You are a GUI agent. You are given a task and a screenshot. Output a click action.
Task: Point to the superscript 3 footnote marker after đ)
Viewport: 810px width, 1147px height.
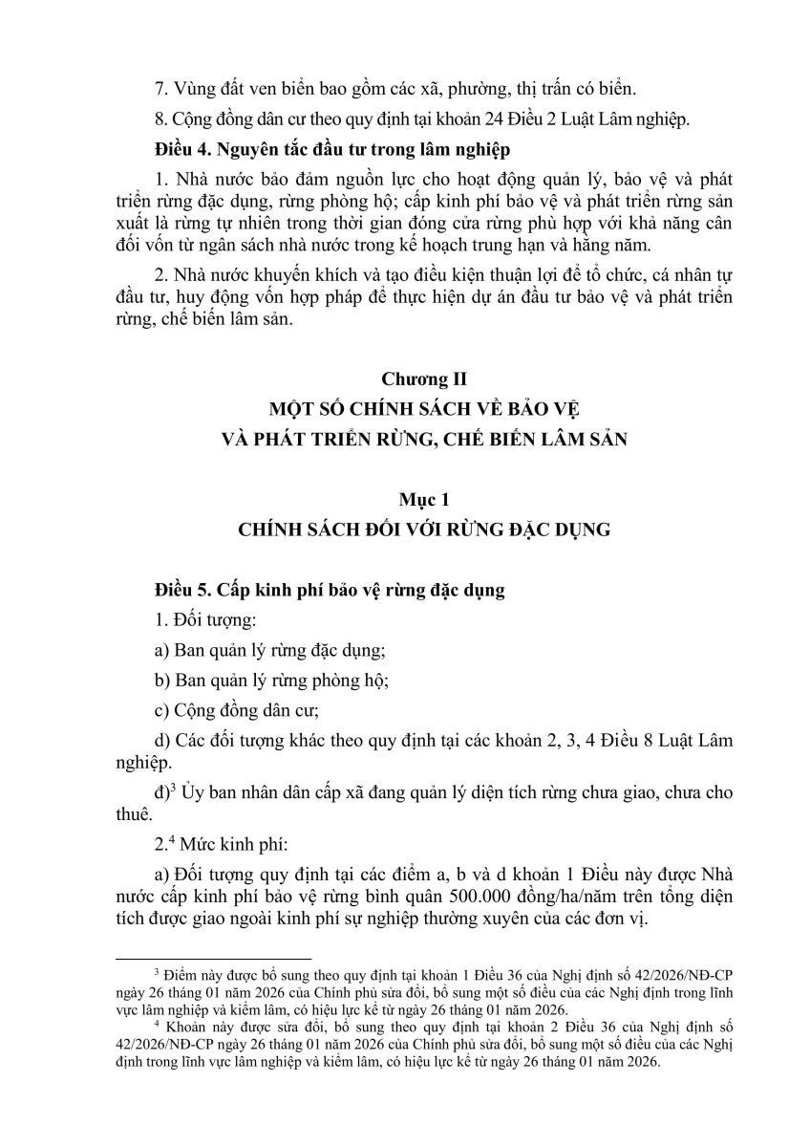coord(172,787)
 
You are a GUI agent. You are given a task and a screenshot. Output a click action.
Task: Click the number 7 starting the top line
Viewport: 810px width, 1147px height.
coord(159,89)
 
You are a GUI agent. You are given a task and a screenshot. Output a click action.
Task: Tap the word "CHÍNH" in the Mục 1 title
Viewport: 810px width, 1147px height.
coord(275,528)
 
